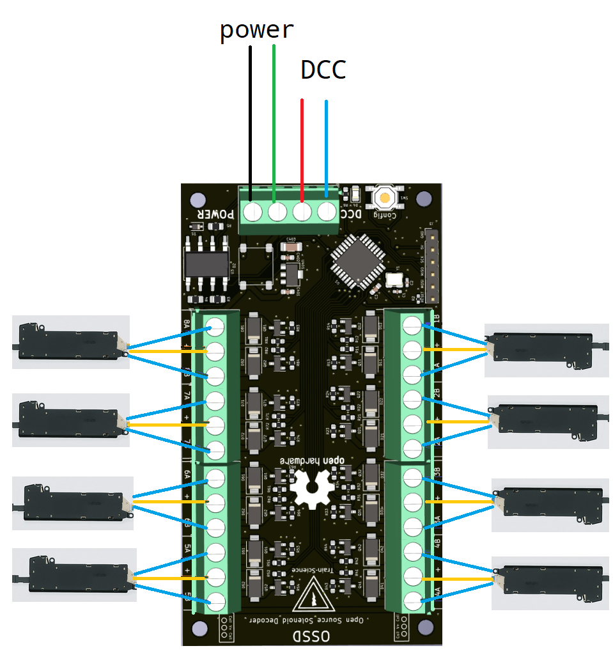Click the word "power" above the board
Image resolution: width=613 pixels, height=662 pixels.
click(x=256, y=30)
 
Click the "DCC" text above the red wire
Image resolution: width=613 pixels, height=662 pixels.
click(x=323, y=70)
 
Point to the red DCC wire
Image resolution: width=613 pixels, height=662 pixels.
click(x=302, y=147)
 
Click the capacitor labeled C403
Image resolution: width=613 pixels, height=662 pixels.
click(x=292, y=246)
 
